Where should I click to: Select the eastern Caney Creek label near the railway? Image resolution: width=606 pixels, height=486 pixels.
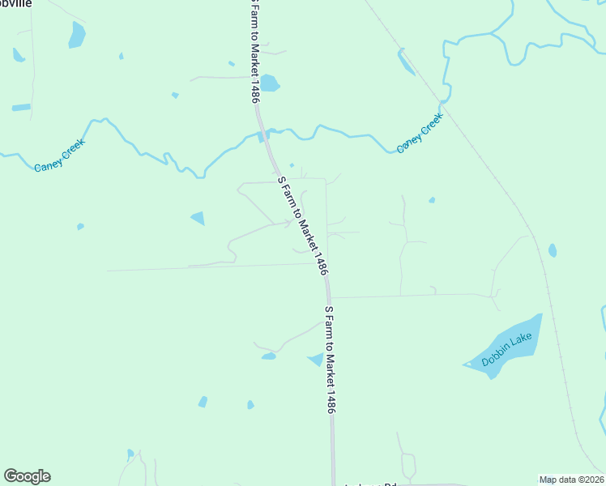pos(420,134)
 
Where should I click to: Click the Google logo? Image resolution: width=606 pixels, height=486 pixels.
pos(27,476)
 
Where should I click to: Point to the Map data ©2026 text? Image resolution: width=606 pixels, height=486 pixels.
pos(572,480)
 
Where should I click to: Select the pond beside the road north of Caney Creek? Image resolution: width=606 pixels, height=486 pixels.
pos(269,83)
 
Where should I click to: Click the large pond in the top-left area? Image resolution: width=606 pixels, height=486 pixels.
pos(77,35)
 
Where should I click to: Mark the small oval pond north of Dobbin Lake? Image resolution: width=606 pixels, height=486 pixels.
pos(553,250)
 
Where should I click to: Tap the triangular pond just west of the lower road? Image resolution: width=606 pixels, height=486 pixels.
pos(316,360)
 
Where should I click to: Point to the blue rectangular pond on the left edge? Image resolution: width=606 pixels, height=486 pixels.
pos(21,108)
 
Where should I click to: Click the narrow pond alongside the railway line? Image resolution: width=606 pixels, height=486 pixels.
pos(406,62)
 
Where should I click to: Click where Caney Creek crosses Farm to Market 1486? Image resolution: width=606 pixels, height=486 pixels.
pos(264,134)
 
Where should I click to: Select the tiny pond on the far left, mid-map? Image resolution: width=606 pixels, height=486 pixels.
pos(80,227)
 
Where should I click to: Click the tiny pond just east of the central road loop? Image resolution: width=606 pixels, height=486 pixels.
pos(432,200)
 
